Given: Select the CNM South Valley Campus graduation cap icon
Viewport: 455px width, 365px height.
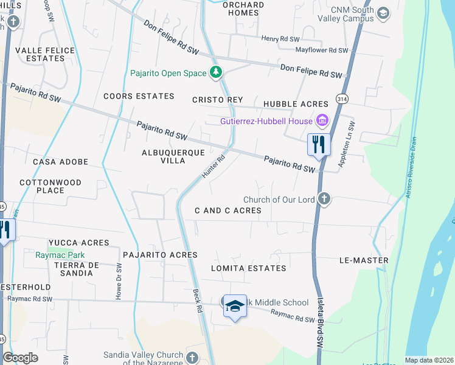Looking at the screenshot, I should (x=383, y=13).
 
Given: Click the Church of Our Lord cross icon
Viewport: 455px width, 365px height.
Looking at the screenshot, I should (x=325, y=199).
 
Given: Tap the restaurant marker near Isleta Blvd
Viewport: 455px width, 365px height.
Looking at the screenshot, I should (x=319, y=145).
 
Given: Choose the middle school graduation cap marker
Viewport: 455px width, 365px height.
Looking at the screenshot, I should (x=235, y=308).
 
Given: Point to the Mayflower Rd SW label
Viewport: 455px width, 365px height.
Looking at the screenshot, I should (x=322, y=50).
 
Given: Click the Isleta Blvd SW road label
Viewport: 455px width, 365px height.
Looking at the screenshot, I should (x=319, y=328).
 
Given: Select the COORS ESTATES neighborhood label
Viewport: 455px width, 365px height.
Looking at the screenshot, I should (x=139, y=96).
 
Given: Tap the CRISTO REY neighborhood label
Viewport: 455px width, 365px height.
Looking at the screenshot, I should (x=217, y=100).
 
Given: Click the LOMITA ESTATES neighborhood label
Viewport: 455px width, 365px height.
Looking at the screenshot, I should (x=248, y=268).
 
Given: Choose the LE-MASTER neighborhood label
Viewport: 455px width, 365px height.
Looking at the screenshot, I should (x=364, y=260).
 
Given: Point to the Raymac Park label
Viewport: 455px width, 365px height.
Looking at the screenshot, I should (x=60, y=255).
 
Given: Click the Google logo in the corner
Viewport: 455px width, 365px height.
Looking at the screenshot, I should (x=20, y=358).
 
